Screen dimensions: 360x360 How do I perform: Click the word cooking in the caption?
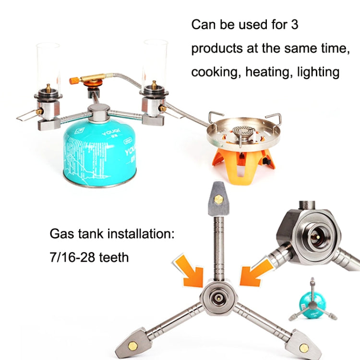click(x=215, y=72)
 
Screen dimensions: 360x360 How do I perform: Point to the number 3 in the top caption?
click(x=294, y=24)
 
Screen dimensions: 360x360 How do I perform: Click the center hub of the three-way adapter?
click(x=219, y=298)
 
